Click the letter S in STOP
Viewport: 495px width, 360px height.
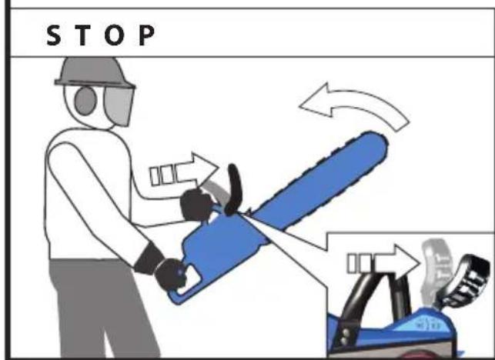[54, 35]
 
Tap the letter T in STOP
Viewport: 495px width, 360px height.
[82, 35]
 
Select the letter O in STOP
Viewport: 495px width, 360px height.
[114, 35]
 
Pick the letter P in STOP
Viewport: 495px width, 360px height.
[146, 35]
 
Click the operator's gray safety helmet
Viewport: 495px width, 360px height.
[95, 72]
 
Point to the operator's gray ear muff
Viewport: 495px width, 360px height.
[85, 101]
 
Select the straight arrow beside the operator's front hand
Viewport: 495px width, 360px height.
[184, 171]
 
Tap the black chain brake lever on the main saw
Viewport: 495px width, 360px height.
[235, 189]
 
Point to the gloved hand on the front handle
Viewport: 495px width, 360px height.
[196, 205]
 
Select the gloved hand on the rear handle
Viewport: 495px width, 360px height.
[170, 274]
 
